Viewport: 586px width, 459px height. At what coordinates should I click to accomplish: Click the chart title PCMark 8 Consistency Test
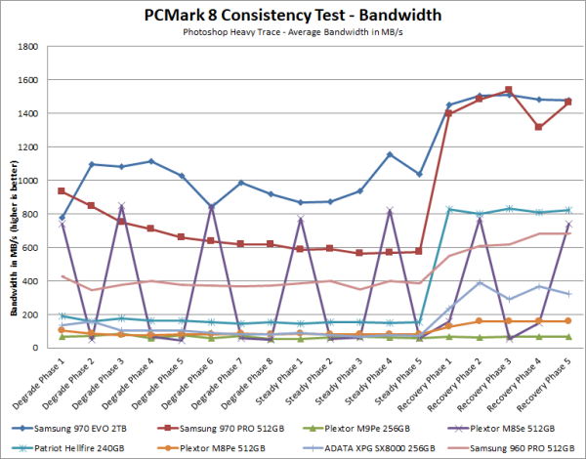pos(293,14)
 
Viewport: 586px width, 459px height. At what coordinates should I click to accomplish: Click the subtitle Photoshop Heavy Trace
pos(293,31)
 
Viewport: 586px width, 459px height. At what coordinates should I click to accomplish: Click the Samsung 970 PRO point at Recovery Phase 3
pos(508,91)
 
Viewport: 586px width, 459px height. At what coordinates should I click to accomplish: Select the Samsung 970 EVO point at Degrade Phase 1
pos(63,217)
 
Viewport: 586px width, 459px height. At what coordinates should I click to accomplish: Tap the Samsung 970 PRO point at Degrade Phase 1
pos(63,191)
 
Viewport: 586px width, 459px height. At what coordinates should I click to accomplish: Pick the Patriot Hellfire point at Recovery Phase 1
pos(449,209)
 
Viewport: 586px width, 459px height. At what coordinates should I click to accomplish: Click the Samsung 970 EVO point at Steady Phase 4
pos(390,154)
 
